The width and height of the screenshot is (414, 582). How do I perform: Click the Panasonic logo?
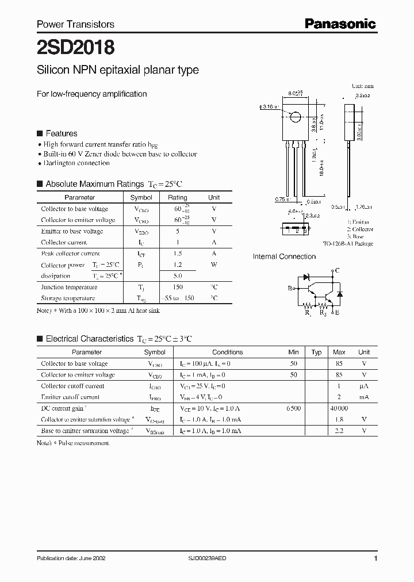(x=340, y=24)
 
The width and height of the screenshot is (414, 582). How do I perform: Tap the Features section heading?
(x=61, y=133)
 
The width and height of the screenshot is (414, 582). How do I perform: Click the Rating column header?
(x=177, y=197)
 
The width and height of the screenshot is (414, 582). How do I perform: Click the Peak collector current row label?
(x=70, y=254)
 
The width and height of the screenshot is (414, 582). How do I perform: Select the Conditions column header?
(x=227, y=352)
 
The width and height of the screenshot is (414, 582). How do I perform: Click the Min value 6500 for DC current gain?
(x=293, y=408)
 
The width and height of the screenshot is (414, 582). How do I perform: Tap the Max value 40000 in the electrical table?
(x=339, y=408)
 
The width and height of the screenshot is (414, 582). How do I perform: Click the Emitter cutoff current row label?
(x=70, y=397)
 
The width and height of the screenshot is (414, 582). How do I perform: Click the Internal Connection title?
(x=284, y=256)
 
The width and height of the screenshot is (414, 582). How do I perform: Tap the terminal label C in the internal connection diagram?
(x=337, y=270)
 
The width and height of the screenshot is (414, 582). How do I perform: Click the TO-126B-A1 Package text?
(x=348, y=244)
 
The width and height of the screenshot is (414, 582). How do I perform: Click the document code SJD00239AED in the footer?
(x=208, y=558)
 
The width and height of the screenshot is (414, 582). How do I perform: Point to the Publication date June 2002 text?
(x=71, y=558)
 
